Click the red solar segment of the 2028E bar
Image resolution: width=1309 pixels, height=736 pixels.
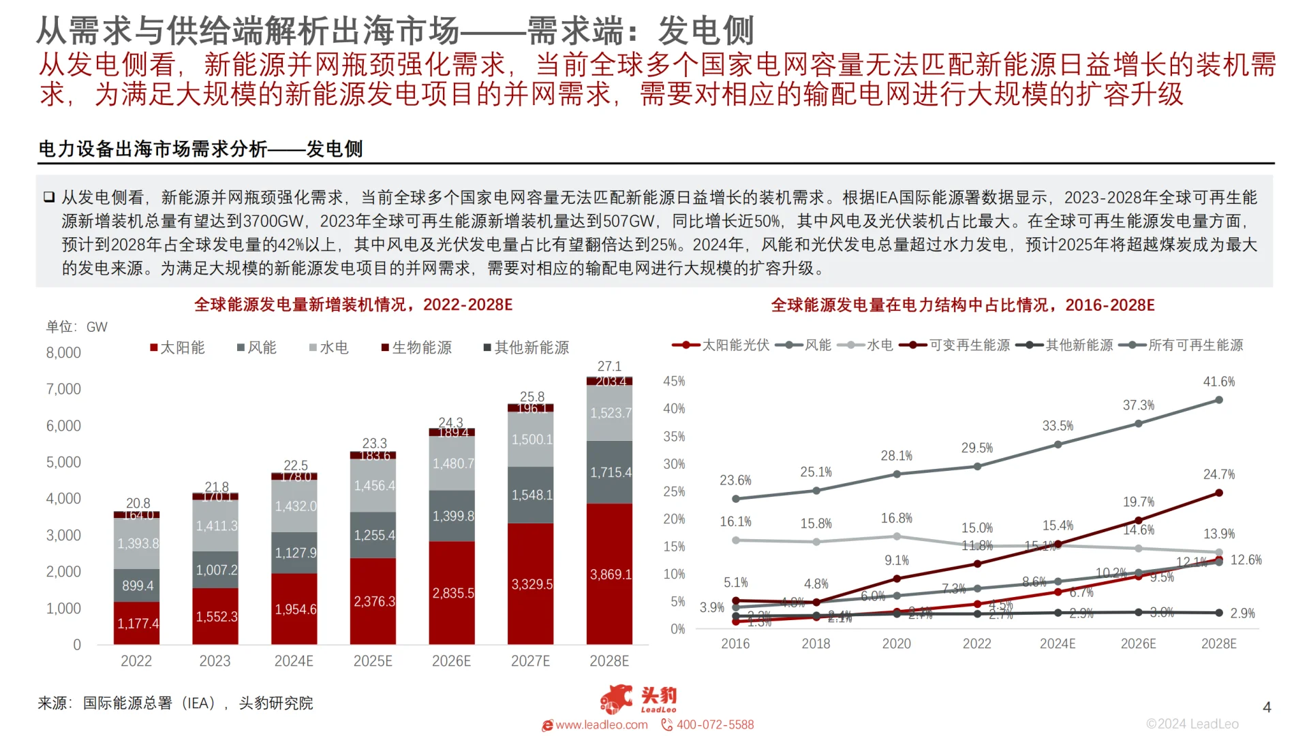[x=609, y=574]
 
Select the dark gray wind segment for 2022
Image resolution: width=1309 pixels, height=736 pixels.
[x=137, y=585]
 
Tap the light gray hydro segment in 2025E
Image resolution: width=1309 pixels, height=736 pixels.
[x=373, y=485]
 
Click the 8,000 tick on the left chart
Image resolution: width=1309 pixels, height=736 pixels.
[x=63, y=352]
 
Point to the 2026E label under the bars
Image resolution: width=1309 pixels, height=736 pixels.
[x=451, y=661]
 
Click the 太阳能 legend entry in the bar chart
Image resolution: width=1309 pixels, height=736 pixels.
[x=177, y=348]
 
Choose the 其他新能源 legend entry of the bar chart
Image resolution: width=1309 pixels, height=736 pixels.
[x=526, y=348]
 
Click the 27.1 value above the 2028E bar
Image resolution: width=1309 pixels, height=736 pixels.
[x=609, y=366]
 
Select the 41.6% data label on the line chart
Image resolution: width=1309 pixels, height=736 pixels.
[x=1218, y=382]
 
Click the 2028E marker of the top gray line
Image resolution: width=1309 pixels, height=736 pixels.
[x=1218, y=400]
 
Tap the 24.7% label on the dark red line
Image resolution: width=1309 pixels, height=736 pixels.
[x=1218, y=474]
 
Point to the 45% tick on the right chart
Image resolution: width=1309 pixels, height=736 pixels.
[x=674, y=381]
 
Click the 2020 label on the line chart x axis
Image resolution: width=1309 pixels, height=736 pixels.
[x=896, y=644]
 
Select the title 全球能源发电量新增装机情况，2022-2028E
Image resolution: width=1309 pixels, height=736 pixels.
[x=353, y=305]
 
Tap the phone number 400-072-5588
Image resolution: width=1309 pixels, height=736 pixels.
[x=715, y=724]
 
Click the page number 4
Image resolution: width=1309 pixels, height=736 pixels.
[x=1267, y=707]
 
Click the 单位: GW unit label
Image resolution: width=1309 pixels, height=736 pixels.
[x=76, y=327]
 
